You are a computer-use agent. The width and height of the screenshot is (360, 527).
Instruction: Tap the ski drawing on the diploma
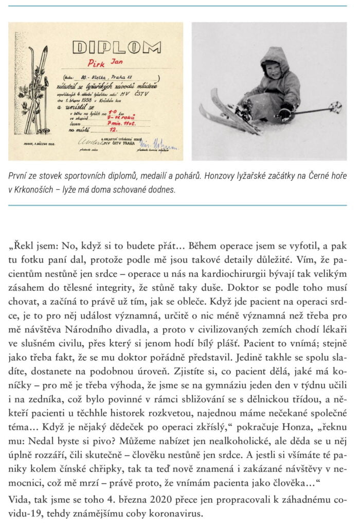tap(38, 90)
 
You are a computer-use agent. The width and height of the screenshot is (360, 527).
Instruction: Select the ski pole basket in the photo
tap(335, 108)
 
